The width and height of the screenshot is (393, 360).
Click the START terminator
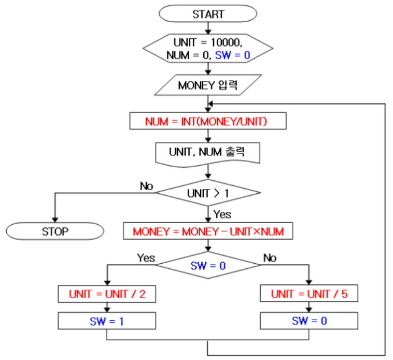(x=208, y=14)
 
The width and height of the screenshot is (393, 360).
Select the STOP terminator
(x=55, y=231)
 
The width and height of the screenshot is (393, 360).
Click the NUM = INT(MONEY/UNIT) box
(x=208, y=121)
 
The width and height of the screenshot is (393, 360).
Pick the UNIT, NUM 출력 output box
(x=208, y=152)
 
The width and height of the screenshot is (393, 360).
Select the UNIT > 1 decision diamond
(x=208, y=194)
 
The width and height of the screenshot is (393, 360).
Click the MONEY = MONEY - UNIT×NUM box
(x=208, y=231)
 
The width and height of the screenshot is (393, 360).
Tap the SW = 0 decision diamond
(x=208, y=266)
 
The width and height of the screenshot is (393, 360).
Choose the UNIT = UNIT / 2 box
(x=107, y=294)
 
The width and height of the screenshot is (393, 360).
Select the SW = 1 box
(x=107, y=321)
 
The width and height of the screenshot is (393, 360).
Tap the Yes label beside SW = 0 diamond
(x=146, y=257)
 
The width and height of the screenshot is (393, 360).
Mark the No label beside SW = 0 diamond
(x=270, y=257)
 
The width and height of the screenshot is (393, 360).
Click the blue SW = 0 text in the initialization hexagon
(x=232, y=55)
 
